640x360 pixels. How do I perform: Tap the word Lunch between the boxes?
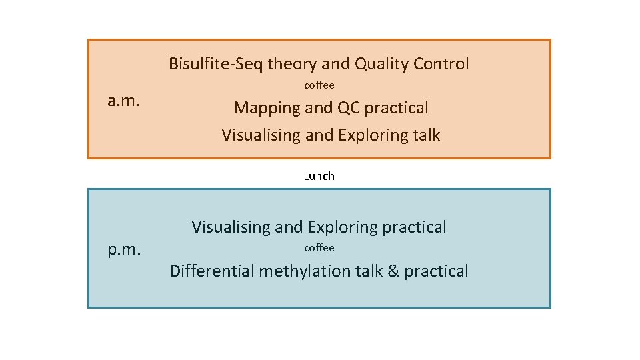click(x=319, y=176)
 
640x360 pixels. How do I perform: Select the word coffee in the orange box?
click(x=319, y=85)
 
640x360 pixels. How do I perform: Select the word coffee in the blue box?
click(x=319, y=247)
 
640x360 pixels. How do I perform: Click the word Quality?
click(x=381, y=64)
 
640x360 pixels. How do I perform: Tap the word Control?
click(x=441, y=64)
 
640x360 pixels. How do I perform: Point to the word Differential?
click(x=212, y=271)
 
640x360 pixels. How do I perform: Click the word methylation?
click(x=300, y=271)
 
